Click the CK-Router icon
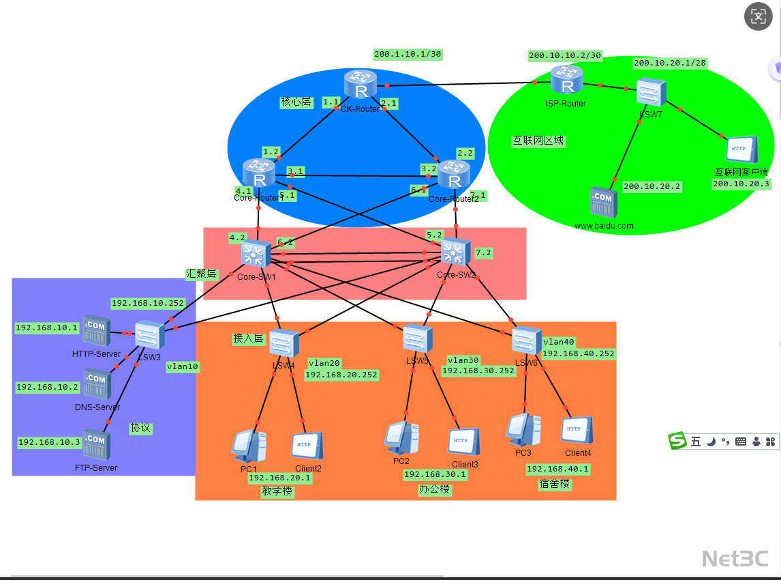click(360, 85)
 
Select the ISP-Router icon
click(565, 81)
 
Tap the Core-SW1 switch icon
click(256, 255)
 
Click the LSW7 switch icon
click(650, 92)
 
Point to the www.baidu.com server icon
click(603, 203)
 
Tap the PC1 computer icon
click(248, 446)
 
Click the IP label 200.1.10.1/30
click(408, 54)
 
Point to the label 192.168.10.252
click(148, 303)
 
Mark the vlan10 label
click(183, 366)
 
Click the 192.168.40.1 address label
click(557, 469)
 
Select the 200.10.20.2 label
click(652, 186)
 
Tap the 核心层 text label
click(296, 102)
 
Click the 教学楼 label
click(277, 491)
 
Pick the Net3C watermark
click(735, 558)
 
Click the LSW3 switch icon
click(148, 336)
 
